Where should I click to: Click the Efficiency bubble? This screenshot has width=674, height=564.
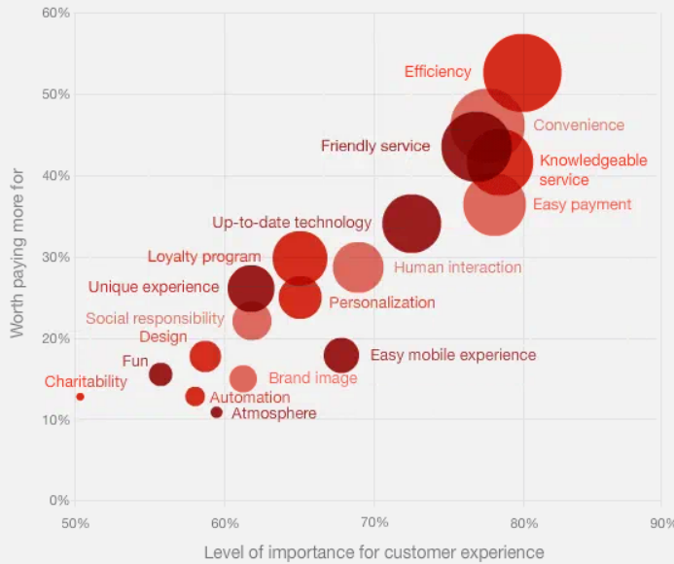(x=522, y=73)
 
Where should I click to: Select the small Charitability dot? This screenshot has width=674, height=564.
(x=80, y=397)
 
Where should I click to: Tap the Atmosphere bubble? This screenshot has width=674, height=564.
(x=217, y=412)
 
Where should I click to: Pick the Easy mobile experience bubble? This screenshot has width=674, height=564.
(x=341, y=355)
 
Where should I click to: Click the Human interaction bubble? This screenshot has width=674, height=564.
(x=358, y=267)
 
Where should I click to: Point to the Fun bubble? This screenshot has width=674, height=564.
(x=160, y=373)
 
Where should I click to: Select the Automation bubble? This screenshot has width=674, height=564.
(x=195, y=396)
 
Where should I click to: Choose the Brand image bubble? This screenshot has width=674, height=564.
(x=243, y=378)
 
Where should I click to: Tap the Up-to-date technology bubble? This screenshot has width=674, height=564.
(x=411, y=223)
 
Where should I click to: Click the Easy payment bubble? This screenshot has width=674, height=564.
(x=495, y=204)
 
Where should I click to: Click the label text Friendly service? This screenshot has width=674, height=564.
(x=374, y=146)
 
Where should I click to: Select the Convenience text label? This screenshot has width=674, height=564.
(x=579, y=124)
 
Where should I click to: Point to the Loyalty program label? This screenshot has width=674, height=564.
(x=204, y=257)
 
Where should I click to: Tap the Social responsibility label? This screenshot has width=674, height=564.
(x=155, y=318)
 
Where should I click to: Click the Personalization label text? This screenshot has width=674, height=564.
(x=381, y=302)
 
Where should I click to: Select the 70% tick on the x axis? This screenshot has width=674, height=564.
(x=374, y=522)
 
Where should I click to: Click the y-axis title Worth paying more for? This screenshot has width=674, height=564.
(x=18, y=254)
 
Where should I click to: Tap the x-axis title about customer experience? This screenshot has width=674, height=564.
(x=373, y=552)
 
